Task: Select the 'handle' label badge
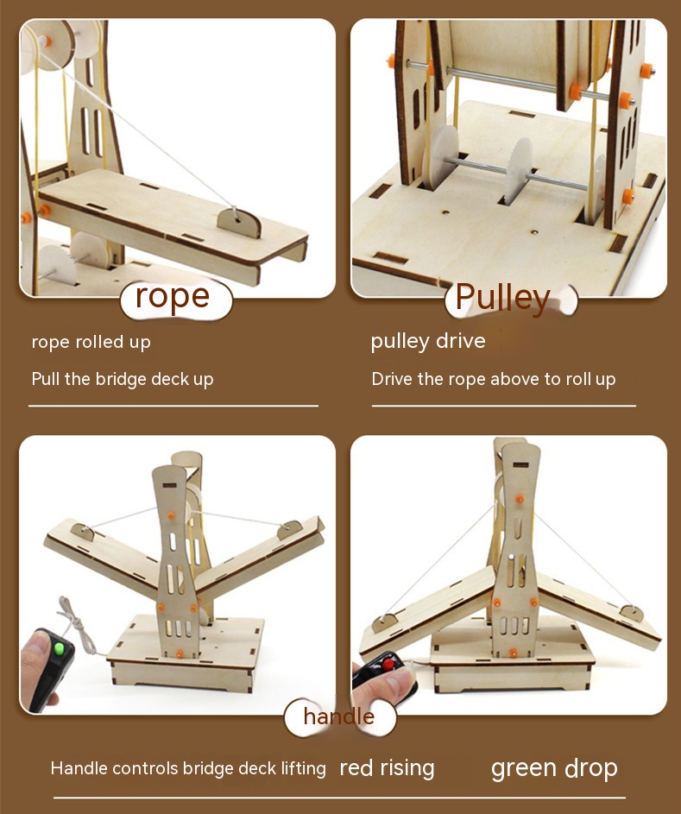[340, 718]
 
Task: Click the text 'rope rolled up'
[91, 342]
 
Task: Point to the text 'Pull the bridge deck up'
[123, 380]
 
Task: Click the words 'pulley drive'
[428, 342]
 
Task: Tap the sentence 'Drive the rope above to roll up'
[494, 380]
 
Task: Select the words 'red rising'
[387, 768]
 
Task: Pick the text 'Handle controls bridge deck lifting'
[188, 768]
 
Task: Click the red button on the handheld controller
[388, 664]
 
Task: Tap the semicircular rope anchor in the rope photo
[240, 222]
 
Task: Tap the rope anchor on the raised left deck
[83, 531]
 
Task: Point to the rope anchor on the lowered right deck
[631, 613]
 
